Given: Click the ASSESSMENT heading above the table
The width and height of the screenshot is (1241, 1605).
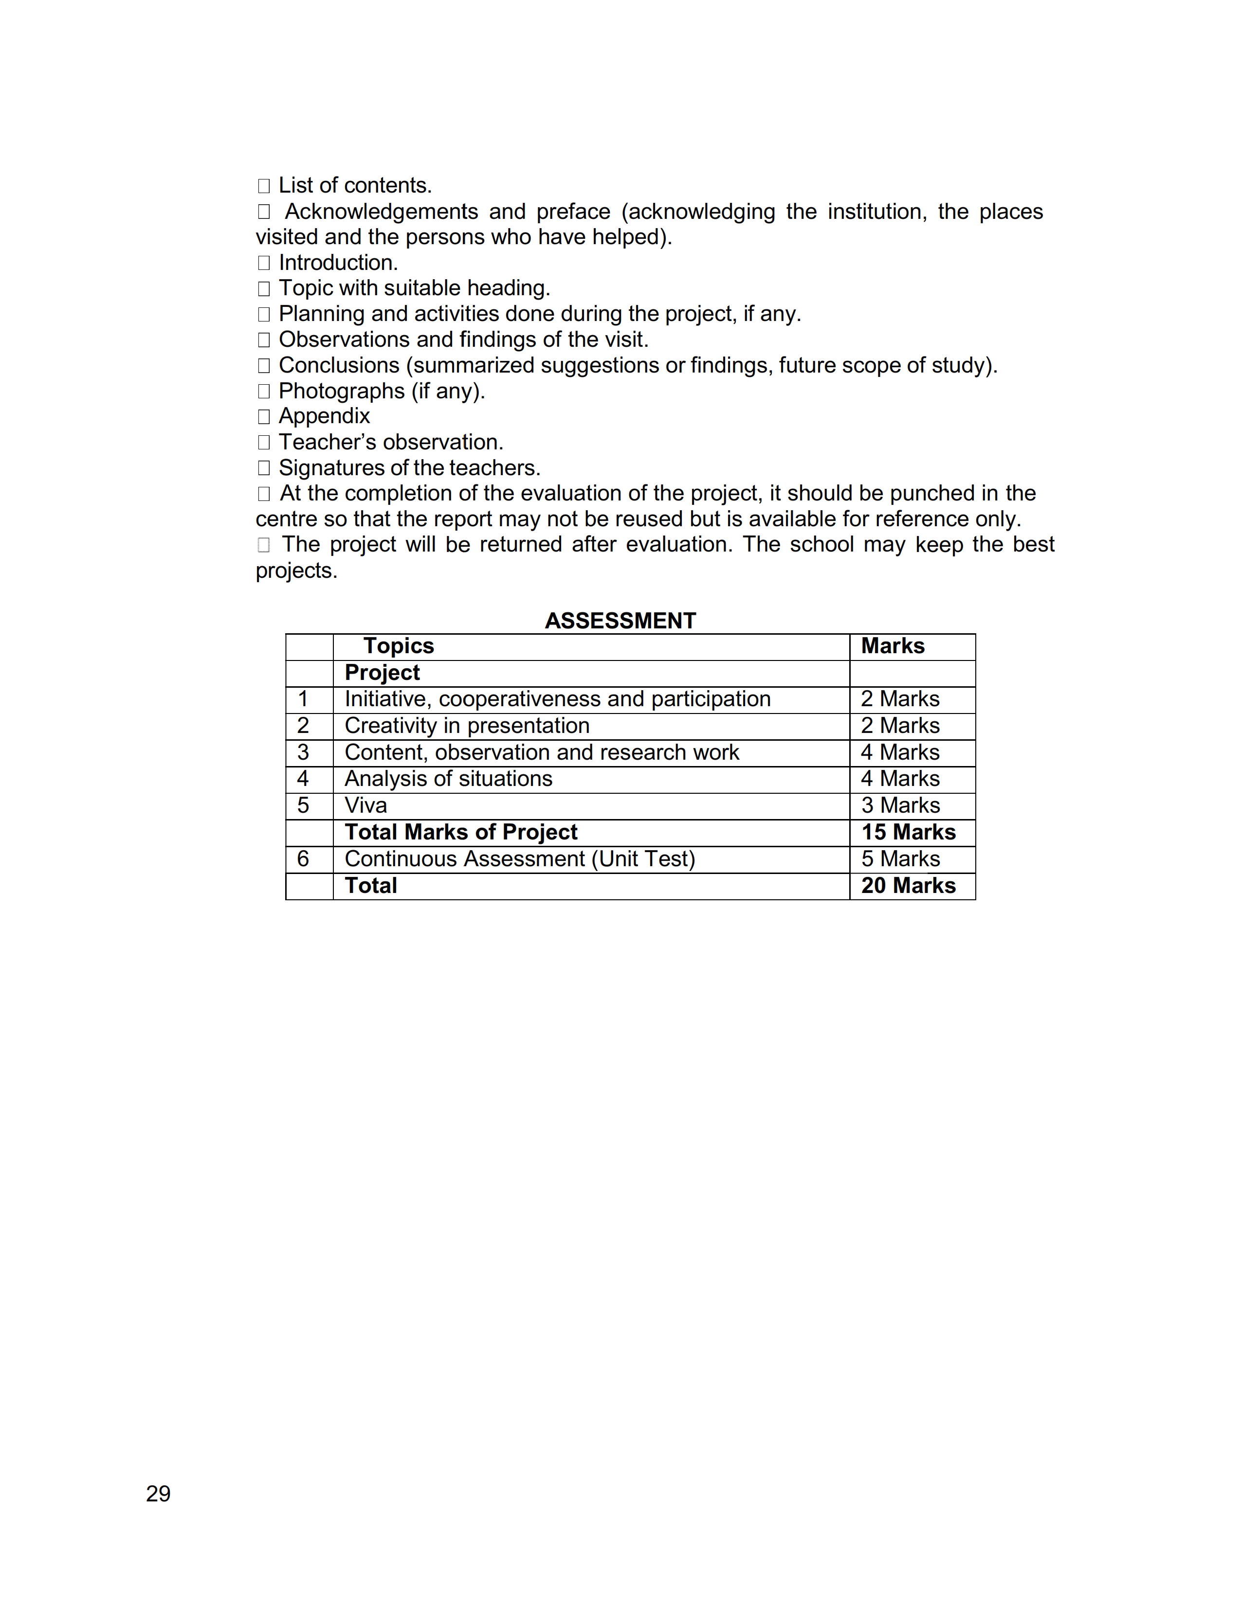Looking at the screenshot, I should (620, 621).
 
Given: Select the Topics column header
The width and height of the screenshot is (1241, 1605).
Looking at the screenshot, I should (399, 646).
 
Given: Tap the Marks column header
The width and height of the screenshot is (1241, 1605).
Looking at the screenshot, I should (893, 646).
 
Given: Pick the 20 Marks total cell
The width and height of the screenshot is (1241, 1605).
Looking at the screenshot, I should (908, 886).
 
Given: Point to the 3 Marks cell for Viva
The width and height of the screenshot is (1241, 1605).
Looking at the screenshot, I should (901, 805).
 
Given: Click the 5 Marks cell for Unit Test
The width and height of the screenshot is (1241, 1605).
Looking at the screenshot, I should (901, 859).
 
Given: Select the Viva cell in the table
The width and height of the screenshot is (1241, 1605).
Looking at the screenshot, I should (365, 805).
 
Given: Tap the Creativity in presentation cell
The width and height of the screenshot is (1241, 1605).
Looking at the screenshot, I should (467, 726).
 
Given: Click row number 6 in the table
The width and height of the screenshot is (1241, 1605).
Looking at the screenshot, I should (303, 859).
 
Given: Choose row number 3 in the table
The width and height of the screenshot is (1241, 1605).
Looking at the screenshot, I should (303, 752).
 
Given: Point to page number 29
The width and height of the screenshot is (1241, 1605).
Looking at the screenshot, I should (158, 1494).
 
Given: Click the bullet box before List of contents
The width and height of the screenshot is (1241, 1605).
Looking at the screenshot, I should (264, 186).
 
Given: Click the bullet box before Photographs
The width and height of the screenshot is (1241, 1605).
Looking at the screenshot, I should (264, 392).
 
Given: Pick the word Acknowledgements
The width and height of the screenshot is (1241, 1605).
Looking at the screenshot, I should (382, 212).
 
